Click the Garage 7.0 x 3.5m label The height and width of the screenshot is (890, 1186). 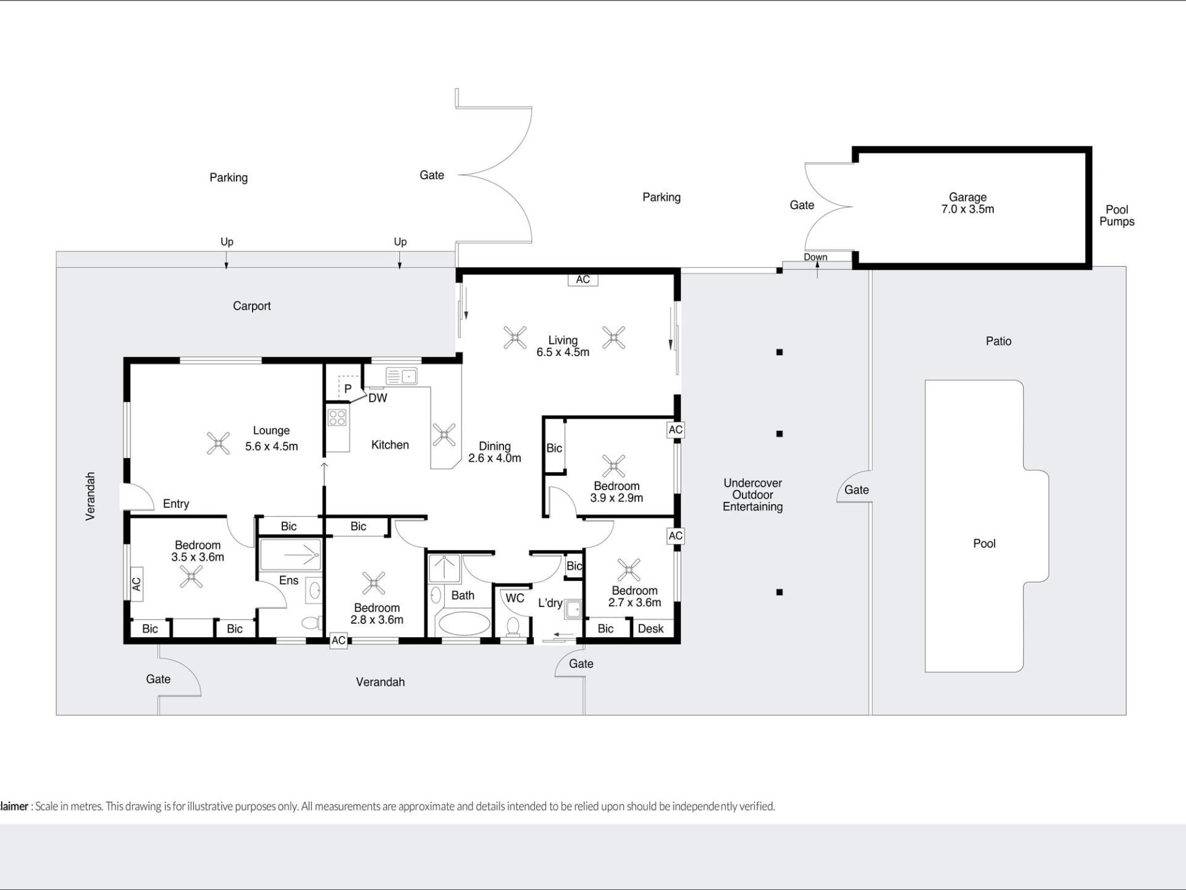pos(967,203)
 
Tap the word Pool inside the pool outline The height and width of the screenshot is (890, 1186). pos(984,544)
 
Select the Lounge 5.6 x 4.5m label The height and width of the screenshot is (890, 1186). pos(271,438)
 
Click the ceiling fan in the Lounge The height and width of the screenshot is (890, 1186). pos(218,443)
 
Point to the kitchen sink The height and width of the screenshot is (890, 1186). pos(402,376)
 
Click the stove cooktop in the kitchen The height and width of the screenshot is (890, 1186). pos(337,417)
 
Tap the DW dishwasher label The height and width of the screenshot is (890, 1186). pos(377,398)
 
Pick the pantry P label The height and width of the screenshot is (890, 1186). pos(348,389)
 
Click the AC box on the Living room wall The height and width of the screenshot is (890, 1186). pos(582,279)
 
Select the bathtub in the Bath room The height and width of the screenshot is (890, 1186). pos(464,624)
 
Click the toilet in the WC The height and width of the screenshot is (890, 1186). pos(513,627)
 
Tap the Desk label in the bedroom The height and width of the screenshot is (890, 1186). pos(650,629)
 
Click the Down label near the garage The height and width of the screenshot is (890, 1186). pos(815,257)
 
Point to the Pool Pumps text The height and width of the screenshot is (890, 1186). pos(1117,216)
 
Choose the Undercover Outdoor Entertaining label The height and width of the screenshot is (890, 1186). pos(753,495)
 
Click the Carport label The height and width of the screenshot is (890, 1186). pos(251,306)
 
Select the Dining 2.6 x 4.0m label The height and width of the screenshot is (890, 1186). pos(495,452)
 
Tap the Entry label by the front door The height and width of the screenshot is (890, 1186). pos(176,504)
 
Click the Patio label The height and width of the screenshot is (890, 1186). pos(998,341)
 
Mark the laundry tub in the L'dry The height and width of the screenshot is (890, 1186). pos(573,608)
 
